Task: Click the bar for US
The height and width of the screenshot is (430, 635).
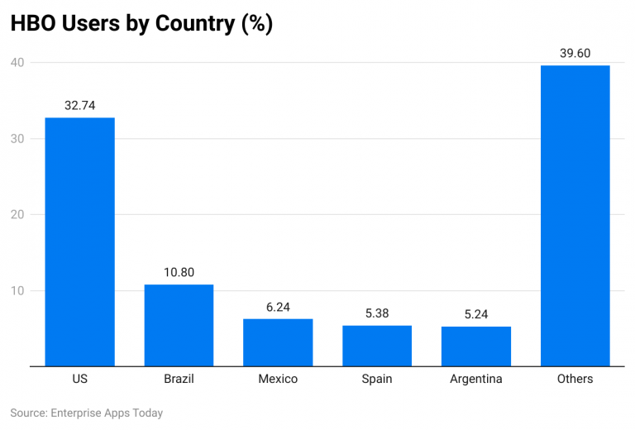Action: point(79,241)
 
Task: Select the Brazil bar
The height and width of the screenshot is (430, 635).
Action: point(179,325)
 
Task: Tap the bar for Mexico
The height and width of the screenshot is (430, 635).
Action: point(278,342)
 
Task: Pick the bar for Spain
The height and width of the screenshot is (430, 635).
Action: point(377,346)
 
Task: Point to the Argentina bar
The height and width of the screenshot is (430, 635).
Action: point(476,346)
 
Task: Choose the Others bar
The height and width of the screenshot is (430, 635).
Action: point(575,215)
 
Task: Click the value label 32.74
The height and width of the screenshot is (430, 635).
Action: point(79,105)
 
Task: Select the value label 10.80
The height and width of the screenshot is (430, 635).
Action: point(179,272)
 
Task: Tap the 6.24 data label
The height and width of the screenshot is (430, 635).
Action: point(278,307)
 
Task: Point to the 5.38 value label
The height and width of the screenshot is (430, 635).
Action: point(377,313)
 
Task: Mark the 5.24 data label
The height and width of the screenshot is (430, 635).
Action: point(476,314)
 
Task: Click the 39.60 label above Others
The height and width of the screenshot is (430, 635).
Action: point(575,53)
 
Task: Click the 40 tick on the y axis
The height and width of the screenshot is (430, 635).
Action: point(17,62)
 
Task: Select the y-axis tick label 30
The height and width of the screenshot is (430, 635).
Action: point(17,138)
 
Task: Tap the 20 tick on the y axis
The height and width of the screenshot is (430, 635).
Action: point(17,214)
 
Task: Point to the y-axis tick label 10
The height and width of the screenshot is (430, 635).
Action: point(17,290)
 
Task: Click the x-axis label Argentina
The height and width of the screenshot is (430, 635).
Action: point(476,379)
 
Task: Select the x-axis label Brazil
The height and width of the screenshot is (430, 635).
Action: point(179,379)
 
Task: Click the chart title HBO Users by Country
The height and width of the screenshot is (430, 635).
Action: point(141,23)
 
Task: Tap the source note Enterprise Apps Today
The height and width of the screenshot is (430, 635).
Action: point(87,413)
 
